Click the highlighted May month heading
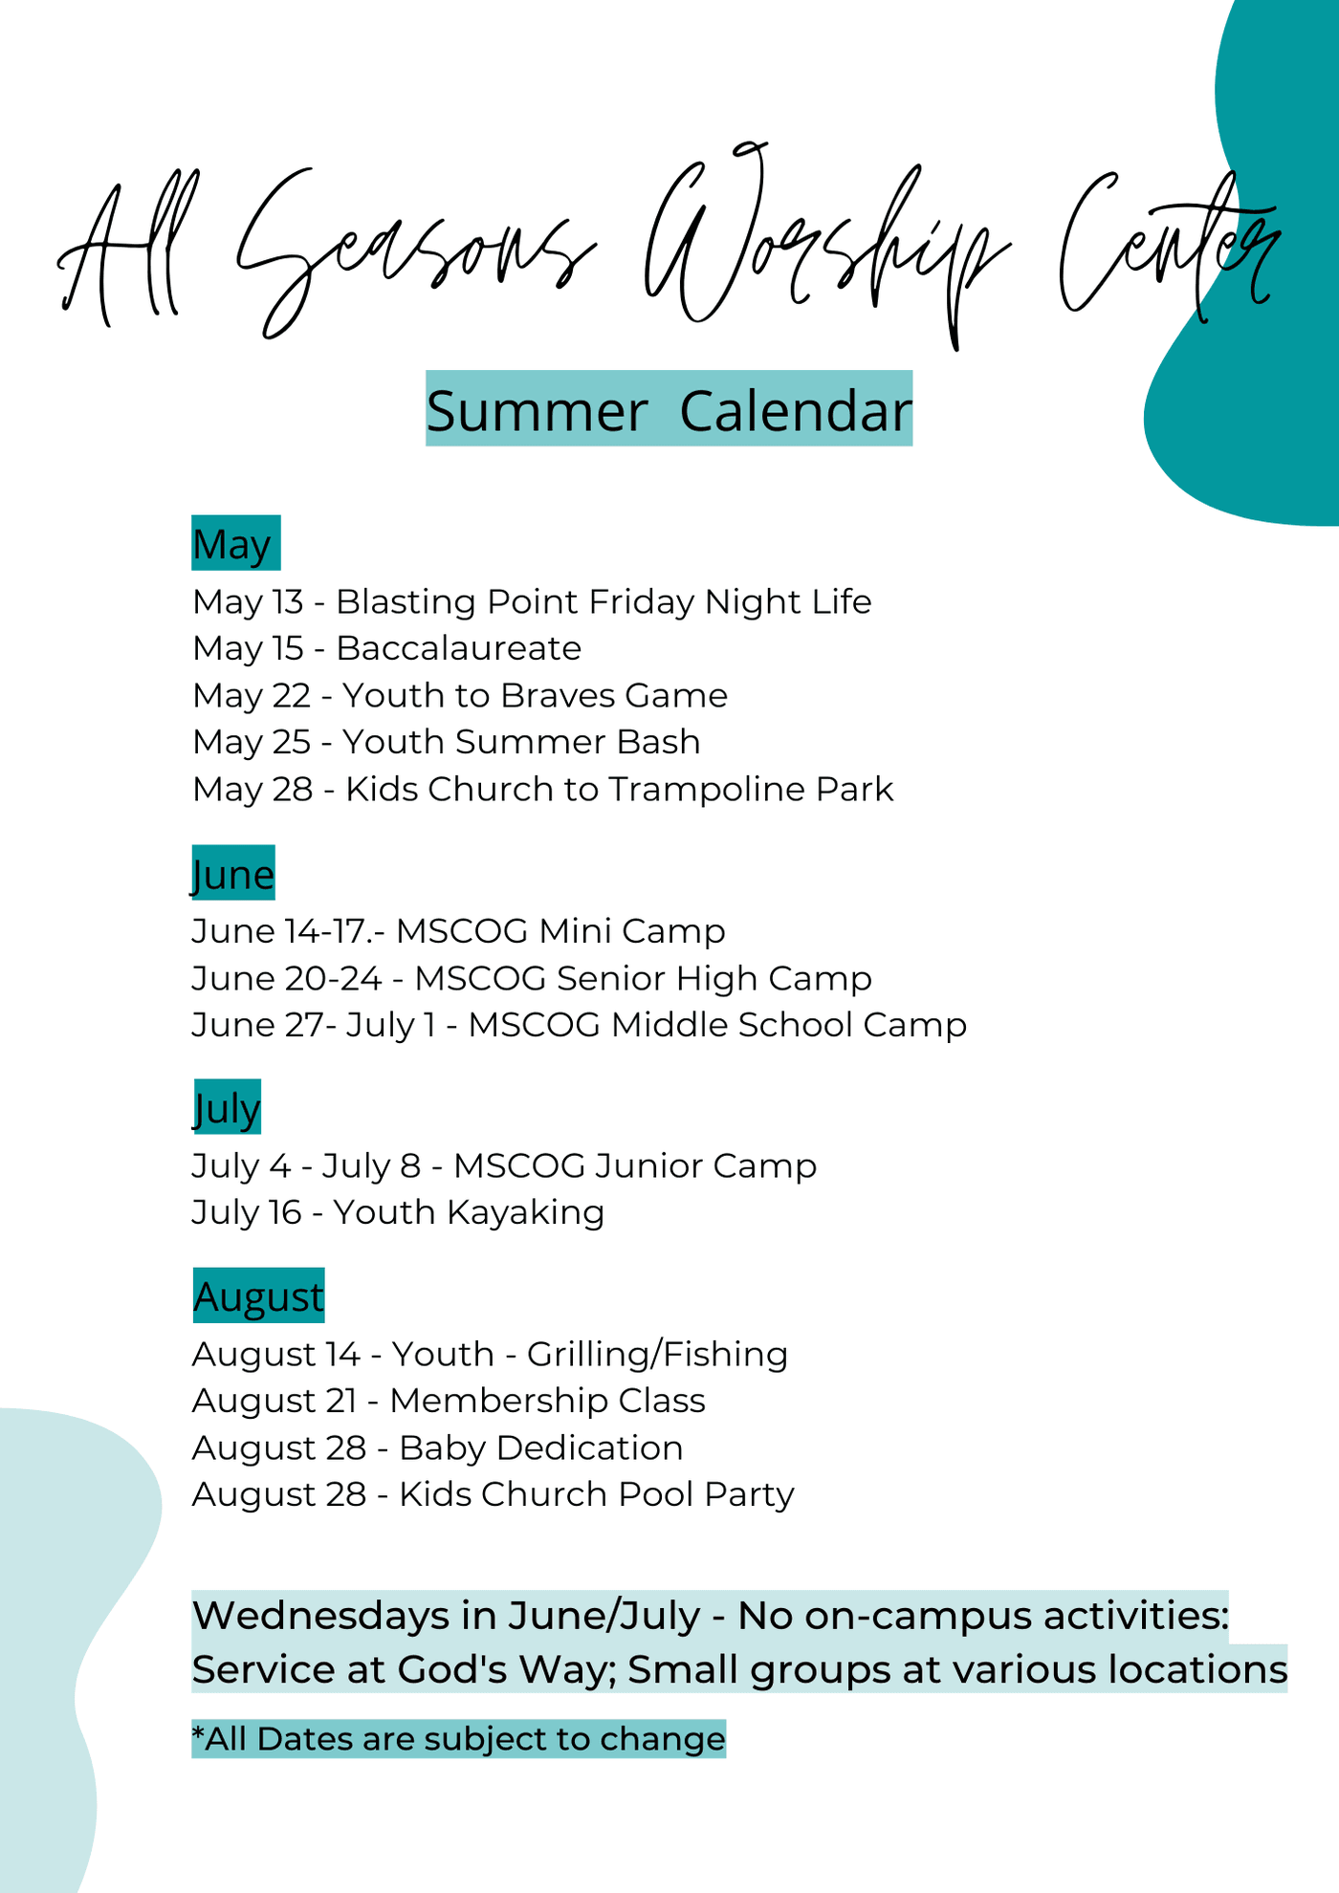pos(235,543)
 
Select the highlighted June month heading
pos(233,873)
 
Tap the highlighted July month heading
pos(227,1107)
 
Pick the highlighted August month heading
pos(259,1295)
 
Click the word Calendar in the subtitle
pos(796,411)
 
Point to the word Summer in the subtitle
pos(537,412)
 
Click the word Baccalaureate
pos(459,648)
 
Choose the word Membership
pos(499,1402)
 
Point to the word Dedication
pos(590,1447)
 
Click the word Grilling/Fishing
pos(658,1355)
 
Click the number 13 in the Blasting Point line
pos(288,601)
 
